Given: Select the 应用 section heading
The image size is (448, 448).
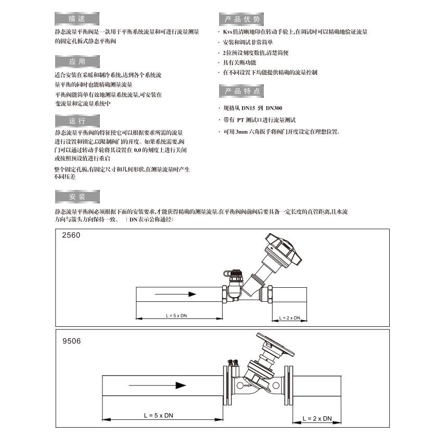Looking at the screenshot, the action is (x=76, y=62).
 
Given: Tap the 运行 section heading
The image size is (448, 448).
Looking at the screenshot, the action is (x=76, y=121).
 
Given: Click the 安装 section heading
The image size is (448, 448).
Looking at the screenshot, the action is (x=76, y=197).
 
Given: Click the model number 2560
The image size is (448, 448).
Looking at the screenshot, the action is (x=71, y=235).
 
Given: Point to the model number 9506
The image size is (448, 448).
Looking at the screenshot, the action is (x=71, y=341).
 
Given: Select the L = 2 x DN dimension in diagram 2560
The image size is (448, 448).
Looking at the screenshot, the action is (x=289, y=317).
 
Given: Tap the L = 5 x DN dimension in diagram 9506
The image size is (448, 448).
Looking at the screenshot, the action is (x=161, y=416).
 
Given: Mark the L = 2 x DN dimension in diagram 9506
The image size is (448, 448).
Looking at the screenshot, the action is (x=317, y=418).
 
